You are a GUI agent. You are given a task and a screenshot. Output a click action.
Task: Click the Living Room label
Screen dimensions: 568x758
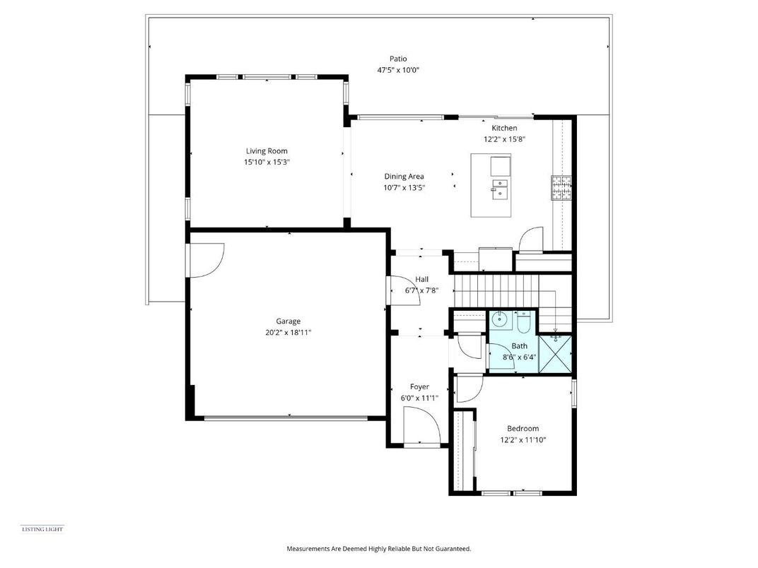[x=267, y=151]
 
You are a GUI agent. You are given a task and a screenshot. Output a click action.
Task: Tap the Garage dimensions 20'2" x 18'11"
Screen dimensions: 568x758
[x=288, y=332]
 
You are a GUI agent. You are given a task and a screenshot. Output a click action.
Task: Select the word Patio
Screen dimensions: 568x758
[x=398, y=59]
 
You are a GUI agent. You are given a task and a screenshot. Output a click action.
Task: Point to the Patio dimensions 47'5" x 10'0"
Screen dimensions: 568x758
[x=398, y=71]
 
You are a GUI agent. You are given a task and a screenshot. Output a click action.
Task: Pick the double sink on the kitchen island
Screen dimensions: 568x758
[x=499, y=188]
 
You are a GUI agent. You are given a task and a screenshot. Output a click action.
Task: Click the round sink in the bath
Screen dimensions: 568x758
[x=501, y=320]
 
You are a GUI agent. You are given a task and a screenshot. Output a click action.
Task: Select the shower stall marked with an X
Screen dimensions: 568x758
[x=555, y=354]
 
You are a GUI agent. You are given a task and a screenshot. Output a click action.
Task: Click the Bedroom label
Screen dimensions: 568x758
[x=523, y=428]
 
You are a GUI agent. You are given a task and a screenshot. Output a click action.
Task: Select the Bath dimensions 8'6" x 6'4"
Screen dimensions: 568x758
[x=520, y=357]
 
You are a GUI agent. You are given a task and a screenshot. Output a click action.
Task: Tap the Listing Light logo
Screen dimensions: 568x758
[x=42, y=528]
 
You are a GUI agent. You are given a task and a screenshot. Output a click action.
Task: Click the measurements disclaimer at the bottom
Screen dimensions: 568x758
[x=378, y=548]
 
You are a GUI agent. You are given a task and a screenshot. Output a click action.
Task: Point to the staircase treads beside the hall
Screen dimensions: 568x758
[x=495, y=290]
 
